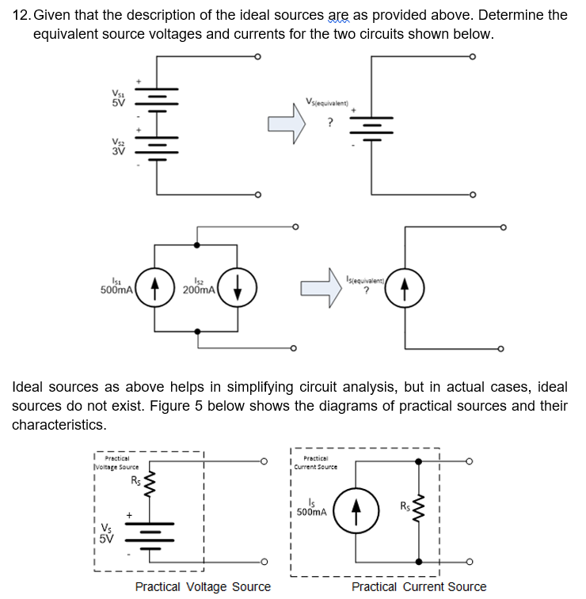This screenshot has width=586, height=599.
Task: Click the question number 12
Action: coord(21,15)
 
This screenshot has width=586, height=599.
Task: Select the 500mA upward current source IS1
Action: coord(154,286)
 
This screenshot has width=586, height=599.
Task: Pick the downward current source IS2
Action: coord(235,286)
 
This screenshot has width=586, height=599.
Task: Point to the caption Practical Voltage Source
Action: coord(203,587)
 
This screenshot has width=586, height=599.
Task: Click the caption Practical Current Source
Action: coord(419,587)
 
